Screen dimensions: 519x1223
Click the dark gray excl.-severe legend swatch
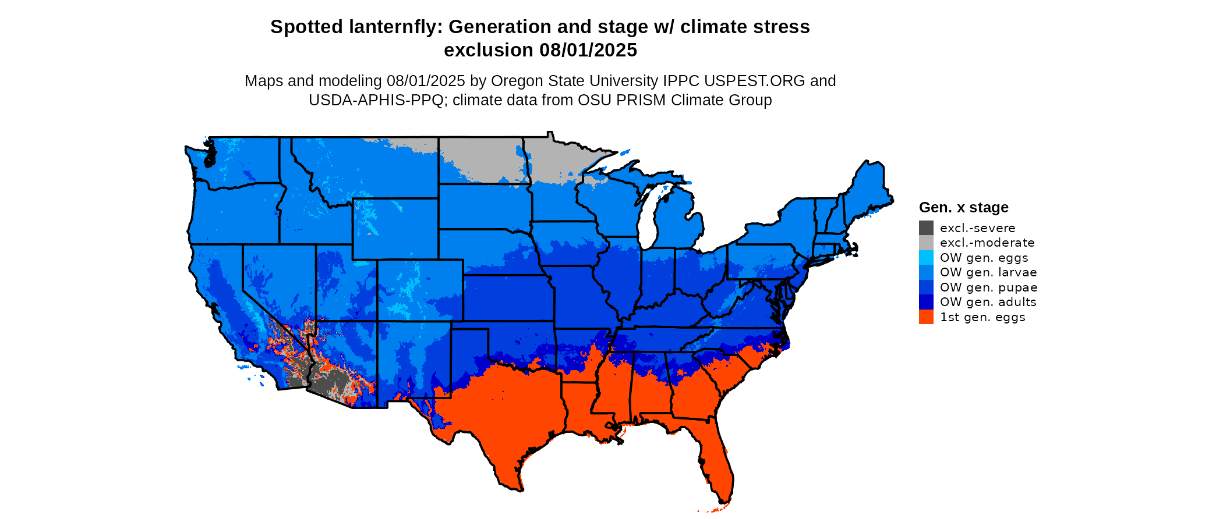click(926, 228)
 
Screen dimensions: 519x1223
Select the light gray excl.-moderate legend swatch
click(926, 243)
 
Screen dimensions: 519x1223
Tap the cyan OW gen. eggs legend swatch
click(926, 258)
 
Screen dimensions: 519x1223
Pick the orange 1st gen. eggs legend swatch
click(926, 317)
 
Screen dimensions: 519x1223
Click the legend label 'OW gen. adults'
click(988, 302)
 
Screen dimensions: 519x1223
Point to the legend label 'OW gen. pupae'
click(988, 287)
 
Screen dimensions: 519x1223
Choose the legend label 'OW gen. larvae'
click(988, 272)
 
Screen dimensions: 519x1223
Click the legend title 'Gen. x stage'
click(963, 208)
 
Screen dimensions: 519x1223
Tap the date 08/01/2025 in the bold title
click(588, 51)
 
